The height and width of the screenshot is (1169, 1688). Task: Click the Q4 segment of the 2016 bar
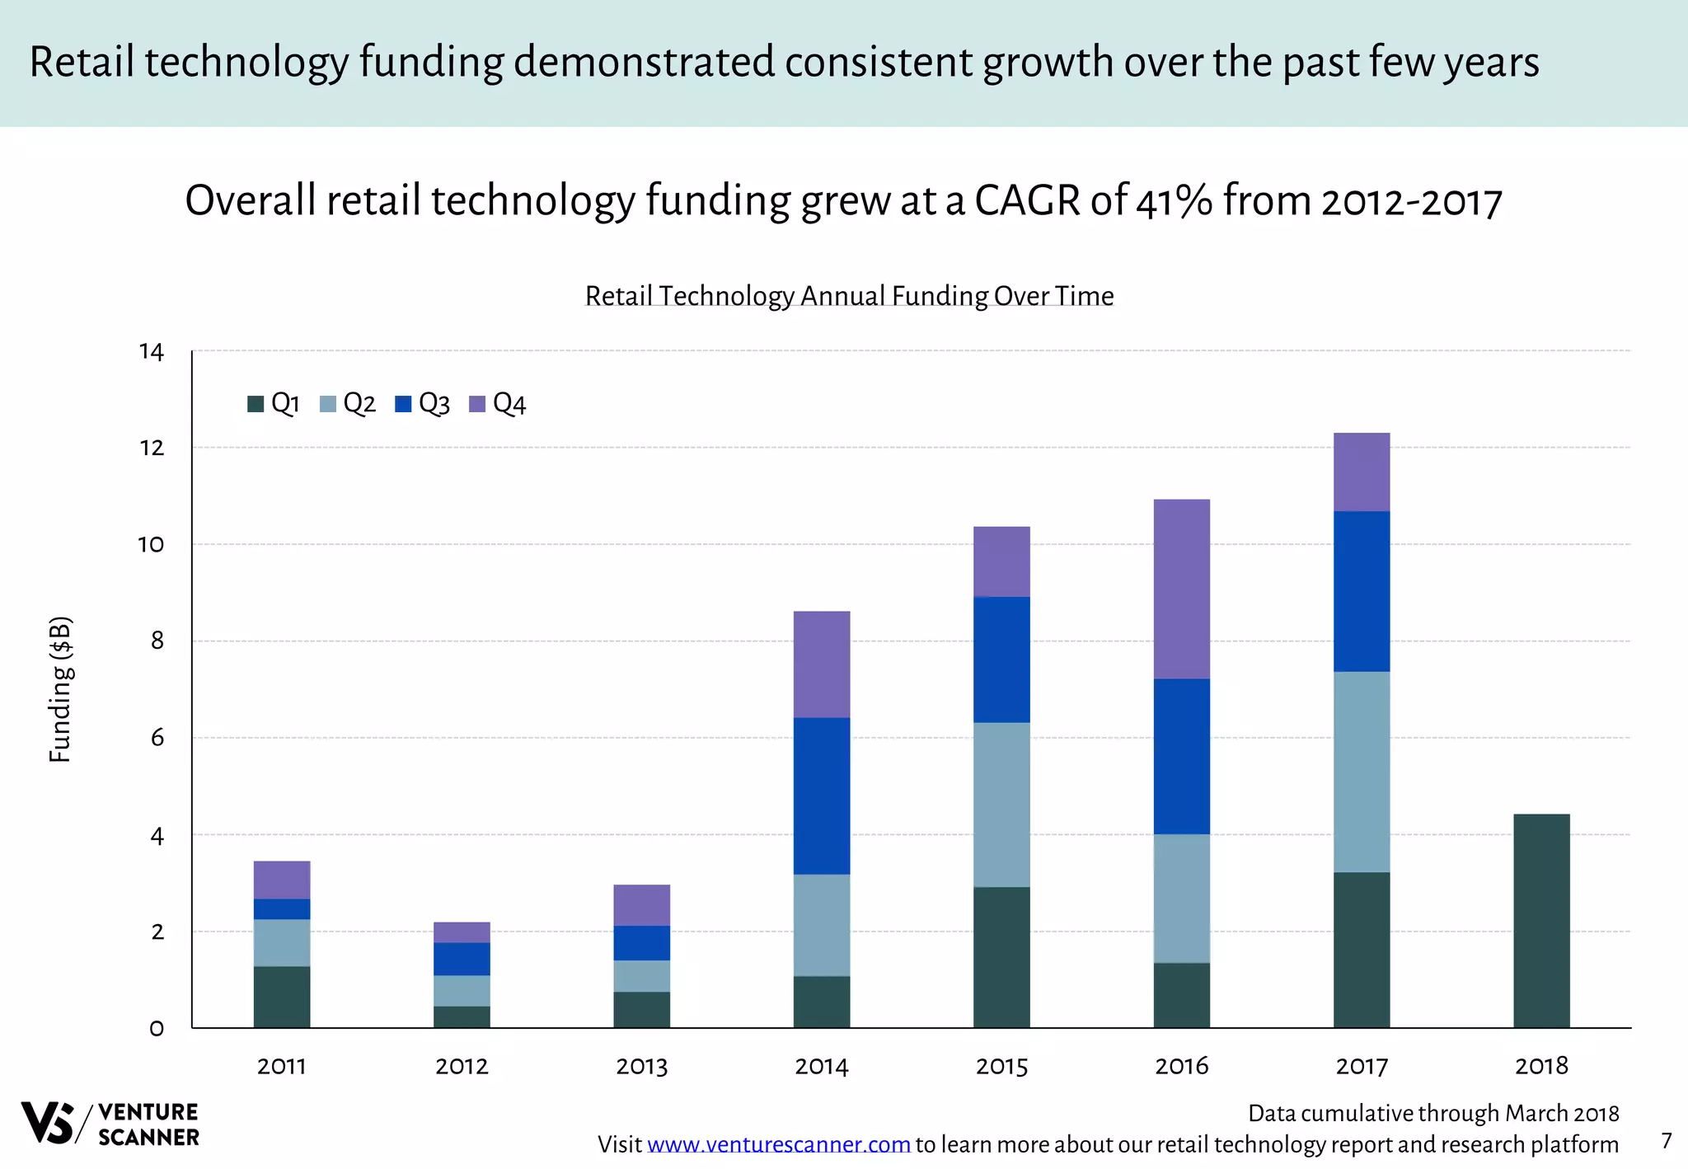click(1181, 589)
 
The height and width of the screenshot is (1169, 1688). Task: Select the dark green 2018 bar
click(1541, 921)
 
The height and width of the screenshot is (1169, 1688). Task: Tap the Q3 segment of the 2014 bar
click(821, 796)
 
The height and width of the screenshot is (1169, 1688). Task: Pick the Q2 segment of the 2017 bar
click(1361, 772)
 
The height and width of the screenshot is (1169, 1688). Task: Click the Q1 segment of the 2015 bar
click(1001, 957)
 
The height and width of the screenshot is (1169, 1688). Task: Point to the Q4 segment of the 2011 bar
click(282, 880)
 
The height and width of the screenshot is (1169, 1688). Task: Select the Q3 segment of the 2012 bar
click(462, 959)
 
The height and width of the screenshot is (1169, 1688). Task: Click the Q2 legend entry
click(348, 404)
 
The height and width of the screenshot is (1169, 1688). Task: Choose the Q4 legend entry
click(498, 404)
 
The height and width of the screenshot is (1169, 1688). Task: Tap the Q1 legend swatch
click(256, 404)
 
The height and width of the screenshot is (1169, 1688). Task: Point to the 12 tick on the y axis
click(152, 448)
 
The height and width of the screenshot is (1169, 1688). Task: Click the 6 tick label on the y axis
click(157, 738)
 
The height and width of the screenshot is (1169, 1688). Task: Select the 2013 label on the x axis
click(641, 1067)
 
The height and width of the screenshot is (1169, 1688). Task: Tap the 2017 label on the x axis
click(1361, 1067)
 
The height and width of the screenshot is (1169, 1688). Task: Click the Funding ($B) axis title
click(61, 689)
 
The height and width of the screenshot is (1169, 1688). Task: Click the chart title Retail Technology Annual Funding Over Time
click(849, 296)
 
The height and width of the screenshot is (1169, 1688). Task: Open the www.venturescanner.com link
click(778, 1145)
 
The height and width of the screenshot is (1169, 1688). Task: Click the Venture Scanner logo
click(110, 1124)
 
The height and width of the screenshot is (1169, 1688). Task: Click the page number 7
click(1666, 1141)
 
